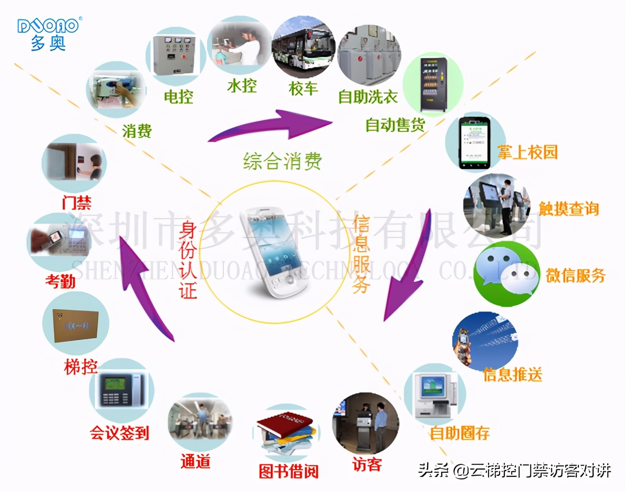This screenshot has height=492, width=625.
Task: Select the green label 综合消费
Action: click(x=282, y=161)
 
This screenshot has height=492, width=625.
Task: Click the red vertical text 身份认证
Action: click(x=188, y=260)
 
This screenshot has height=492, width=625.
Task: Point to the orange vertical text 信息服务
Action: click(x=361, y=254)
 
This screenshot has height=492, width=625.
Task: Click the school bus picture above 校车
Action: click(x=304, y=47)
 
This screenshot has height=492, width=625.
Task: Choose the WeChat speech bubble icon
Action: click(x=507, y=273)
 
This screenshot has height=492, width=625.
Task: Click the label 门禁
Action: click(x=76, y=203)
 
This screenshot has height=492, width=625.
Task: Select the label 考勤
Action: click(x=60, y=281)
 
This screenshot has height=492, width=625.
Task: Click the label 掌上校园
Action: click(x=527, y=152)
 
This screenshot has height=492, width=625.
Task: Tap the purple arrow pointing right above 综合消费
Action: click(x=273, y=125)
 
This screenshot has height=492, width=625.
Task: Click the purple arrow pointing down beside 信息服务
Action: click(x=408, y=269)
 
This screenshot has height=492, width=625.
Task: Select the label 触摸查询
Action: click(x=569, y=208)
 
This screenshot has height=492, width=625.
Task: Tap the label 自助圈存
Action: click(x=459, y=433)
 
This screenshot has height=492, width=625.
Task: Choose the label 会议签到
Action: click(x=119, y=433)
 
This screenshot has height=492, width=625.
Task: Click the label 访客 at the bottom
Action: click(x=367, y=464)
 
